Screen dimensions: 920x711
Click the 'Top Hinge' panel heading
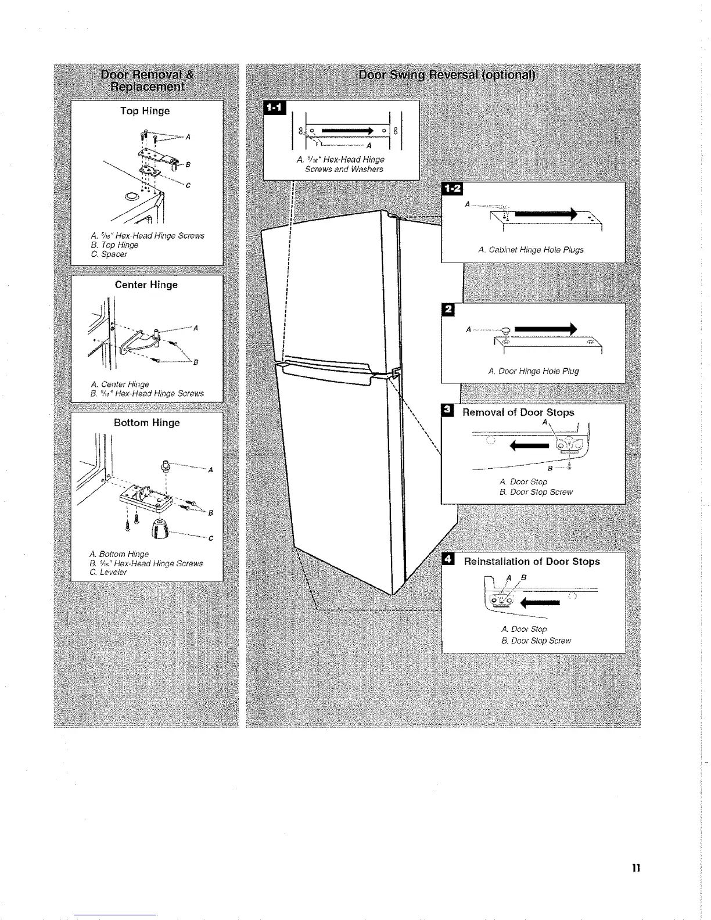(x=145, y=111)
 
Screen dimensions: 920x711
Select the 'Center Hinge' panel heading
(x=146, y=285)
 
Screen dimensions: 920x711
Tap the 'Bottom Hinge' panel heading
(x=146, y=423)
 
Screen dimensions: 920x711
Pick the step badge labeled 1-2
(x=451, y=189)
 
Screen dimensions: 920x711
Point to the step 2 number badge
(x=447, y=310)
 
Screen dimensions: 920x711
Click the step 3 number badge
(x=447, y=411)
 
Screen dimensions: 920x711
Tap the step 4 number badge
(x=448, y=560)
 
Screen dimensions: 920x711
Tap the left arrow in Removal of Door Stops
(x=529, y=446)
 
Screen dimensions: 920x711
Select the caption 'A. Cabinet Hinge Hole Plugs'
(x=531, y=250)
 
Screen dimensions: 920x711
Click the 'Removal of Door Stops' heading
(x=518, y=412)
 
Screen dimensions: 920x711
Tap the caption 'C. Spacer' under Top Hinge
(x=113, y=254)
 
